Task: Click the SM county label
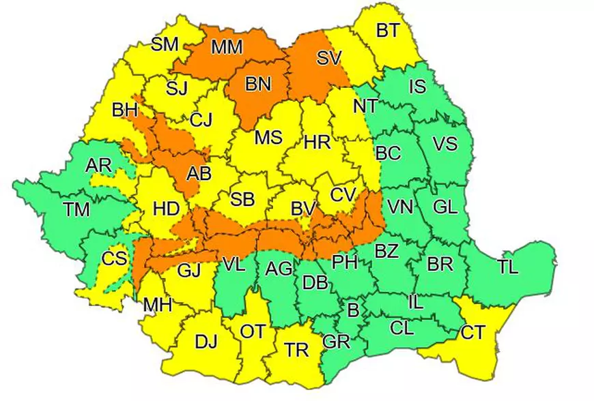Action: coord(165,44)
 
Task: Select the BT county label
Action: coord(388,29)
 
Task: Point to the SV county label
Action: coord(328,58)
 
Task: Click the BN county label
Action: coord(258,84)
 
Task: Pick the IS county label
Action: coord(416,87)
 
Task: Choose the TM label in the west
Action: coord(77,209)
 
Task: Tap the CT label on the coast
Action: coord(473,333)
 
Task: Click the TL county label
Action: coord(507,267)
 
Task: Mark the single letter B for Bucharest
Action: coord(353,311)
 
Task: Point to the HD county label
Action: coord(165,209)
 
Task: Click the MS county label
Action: coord(268,138)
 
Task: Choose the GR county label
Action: coord(335,342)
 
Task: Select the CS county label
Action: coord(113,259)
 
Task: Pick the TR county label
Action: coord(296,350)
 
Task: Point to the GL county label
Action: coord(444,207)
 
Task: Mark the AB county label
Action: coord(199,173)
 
